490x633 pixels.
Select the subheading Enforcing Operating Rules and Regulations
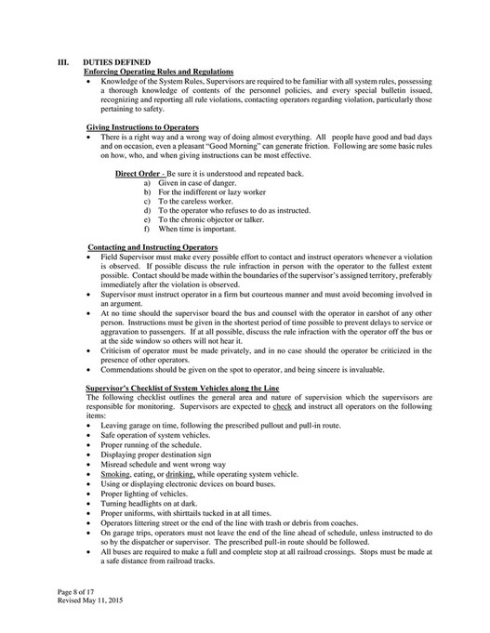(159, 72)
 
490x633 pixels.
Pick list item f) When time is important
(192, 228)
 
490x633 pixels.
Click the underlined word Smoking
(116, 474)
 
